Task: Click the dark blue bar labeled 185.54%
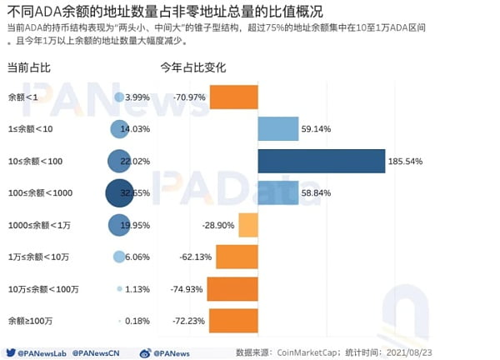tap(321, 161)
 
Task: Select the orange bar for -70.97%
tap(233, 97)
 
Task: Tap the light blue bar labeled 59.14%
tap(277, 129)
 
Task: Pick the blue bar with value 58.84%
tap(277, 192)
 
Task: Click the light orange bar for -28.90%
tap(247, 225)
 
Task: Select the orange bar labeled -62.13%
tap(237, 257)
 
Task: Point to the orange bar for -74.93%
tap(232, 288)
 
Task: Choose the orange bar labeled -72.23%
tap(232, 320)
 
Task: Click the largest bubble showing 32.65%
tap(119, 192)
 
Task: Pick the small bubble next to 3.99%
tap(119, 97)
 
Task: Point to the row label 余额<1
tap(22, 97)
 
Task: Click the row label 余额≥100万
tap(31, 320)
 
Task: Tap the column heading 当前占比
tap(29, 67)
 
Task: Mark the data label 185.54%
tap(409, 161)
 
